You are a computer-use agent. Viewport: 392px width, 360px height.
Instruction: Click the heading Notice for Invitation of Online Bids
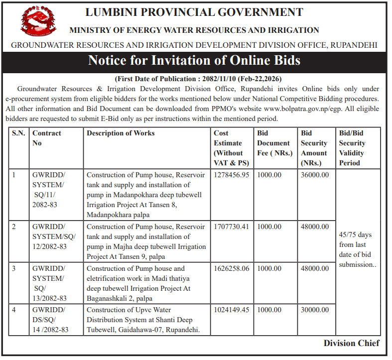click(x=194, y=61)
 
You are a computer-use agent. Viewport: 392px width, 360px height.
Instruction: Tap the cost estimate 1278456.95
click(x=231, y=175)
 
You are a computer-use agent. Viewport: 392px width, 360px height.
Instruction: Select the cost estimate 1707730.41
click(x=231, y=227)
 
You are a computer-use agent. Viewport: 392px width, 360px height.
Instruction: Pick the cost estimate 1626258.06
click(x=231, y=269)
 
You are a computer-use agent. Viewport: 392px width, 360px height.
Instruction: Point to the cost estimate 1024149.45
click(x=231, y=310)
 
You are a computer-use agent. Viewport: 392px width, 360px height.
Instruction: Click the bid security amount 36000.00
click(x=315, y=175)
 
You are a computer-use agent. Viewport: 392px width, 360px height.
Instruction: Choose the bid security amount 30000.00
click(x=315, y=310)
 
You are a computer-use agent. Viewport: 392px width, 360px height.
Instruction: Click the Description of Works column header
click(x=121, y=133)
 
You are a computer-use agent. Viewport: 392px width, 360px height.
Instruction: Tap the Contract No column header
click(x=47, y=138)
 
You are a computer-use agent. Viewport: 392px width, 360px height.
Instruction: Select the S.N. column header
click(x=18, y=133)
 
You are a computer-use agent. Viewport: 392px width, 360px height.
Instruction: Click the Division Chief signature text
click(x=351, y=343)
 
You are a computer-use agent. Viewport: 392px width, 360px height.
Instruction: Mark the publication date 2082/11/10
click(x=219, y=79)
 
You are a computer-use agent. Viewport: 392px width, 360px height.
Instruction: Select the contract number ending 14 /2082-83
click(x=50, y=320)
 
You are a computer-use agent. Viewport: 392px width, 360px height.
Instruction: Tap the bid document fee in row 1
click(x=269, y=175)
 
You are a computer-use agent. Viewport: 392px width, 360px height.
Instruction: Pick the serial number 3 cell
click(x=14, y=269)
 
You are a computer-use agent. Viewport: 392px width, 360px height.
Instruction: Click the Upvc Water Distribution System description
click(x=140, y=320)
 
